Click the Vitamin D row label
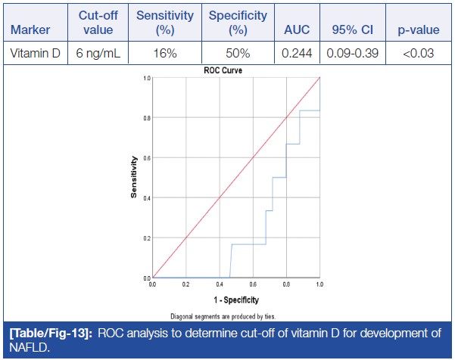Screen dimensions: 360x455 click(x=33, y=54)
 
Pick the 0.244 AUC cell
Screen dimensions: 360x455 click(x=297, y=54)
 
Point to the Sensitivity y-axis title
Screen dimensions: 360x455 click(x=133, y=177)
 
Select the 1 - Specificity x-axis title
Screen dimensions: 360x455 click(x=236, y=300)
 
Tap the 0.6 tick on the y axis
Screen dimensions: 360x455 click(x=146, y=157)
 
